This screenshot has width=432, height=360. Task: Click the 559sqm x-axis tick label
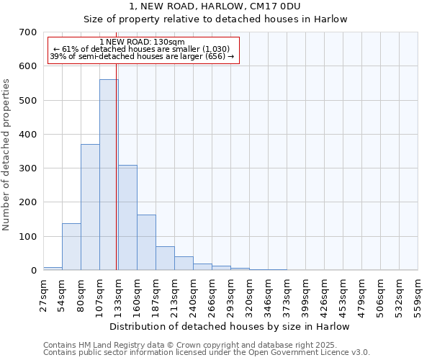point(418,295)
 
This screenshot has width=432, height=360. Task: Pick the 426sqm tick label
point(325,295)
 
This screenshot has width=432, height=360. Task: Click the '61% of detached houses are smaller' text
point(142,50)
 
